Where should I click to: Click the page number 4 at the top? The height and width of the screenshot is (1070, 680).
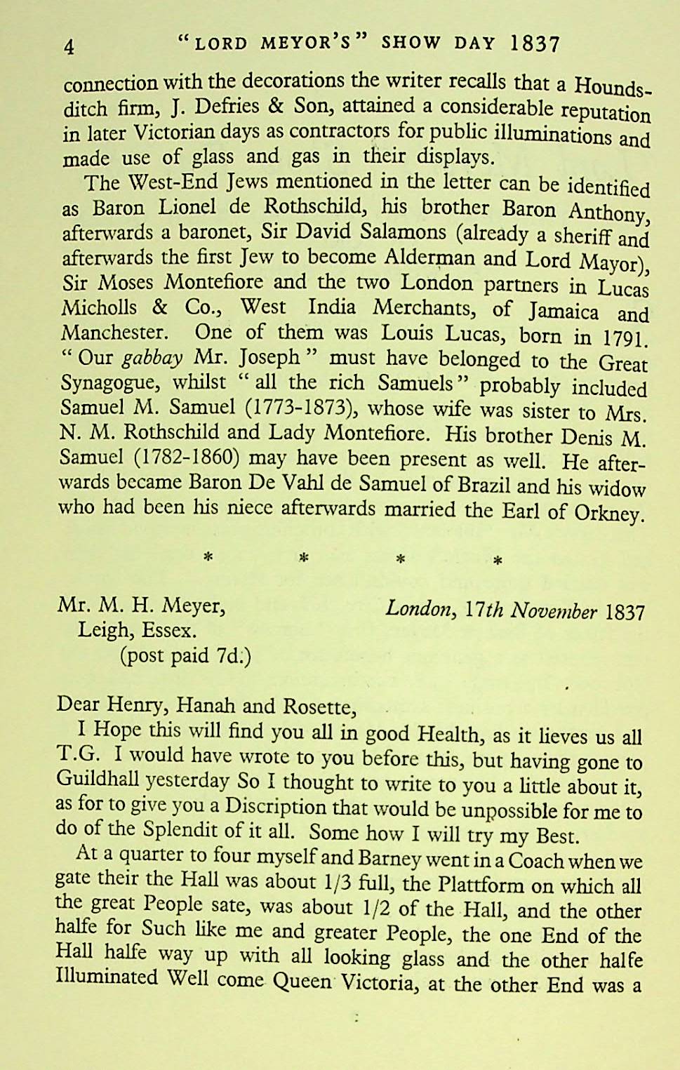tap(69, 47)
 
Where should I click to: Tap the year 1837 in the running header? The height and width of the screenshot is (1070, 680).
tap(535, 44)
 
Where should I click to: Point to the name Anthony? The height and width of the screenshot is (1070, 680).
tap(608, 211)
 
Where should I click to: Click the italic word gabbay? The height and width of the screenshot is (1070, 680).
tap(152, 358)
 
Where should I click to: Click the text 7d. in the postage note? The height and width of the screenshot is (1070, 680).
tap(231, 656)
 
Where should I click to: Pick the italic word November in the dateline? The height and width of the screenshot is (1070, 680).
tap(554, 611)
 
